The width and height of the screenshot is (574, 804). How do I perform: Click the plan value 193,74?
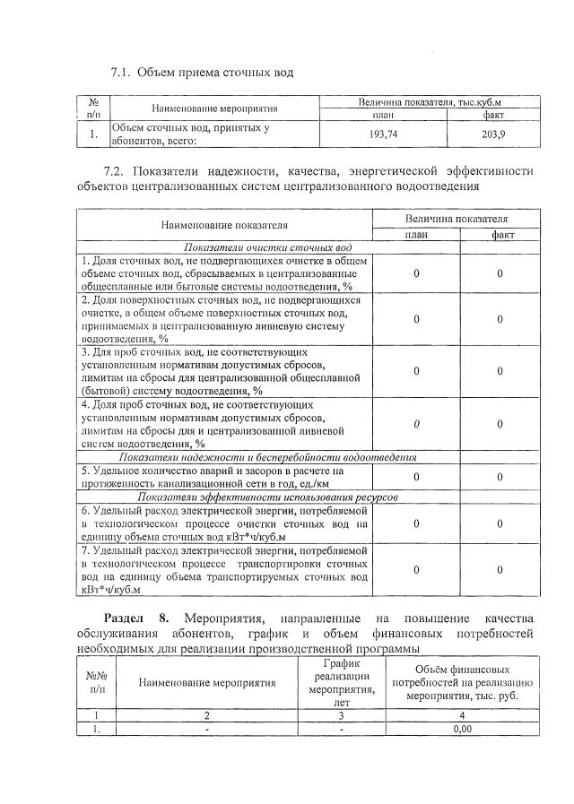pos(384,134)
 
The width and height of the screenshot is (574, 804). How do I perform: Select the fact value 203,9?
pos(494,134)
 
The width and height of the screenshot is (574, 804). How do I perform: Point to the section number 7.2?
pos(117,170)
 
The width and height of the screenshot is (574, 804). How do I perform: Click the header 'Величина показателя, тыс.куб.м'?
pos(430,104)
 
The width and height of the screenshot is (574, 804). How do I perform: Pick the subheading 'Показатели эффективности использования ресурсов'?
pos(268,497)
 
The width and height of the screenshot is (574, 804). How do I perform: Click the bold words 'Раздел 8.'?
pos(135,618)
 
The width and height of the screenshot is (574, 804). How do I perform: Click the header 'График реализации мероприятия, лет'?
pos(341,682)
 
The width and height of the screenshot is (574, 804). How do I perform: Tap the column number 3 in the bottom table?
pos(341,716)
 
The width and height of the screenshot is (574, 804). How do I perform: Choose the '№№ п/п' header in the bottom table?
pos(97,683)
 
